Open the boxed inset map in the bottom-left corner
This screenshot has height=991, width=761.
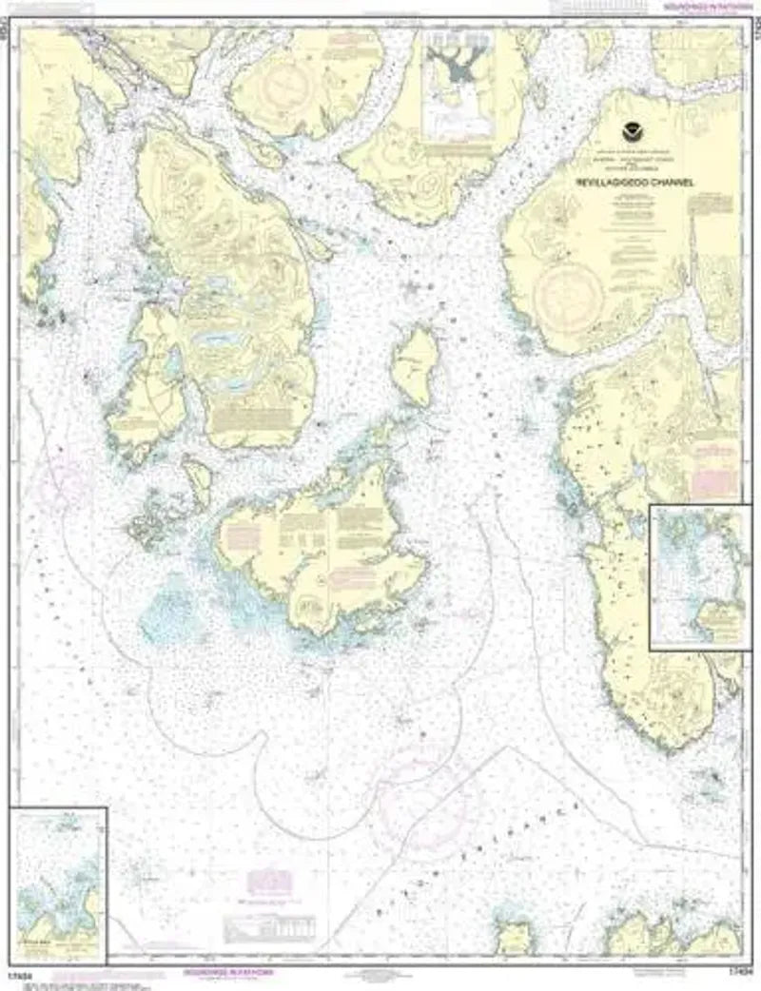coord(58,884)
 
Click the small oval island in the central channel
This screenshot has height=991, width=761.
coord(416,364)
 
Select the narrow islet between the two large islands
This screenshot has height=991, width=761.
coord(199,481)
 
